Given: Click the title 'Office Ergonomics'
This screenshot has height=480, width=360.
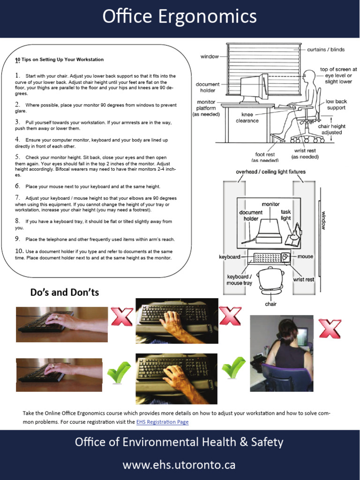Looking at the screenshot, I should tap(180, 17).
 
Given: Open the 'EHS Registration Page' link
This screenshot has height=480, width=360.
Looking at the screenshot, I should tap(162, 422).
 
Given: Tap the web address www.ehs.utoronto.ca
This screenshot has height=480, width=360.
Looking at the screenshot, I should tap(179, 465).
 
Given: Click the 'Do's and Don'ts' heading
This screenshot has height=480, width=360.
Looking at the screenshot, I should tap(65, 292).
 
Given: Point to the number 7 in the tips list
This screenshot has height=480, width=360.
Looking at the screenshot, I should tap(17, 197).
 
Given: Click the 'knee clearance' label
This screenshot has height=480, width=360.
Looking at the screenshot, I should tap(247, 117).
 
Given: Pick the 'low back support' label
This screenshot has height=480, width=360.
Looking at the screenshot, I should tap(336, 105).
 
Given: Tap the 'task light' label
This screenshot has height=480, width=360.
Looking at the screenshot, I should tap(285, 215).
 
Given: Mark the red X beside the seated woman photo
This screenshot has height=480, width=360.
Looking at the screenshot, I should tap(330, 329).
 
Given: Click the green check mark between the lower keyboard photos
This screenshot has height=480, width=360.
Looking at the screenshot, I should tap(119, 373).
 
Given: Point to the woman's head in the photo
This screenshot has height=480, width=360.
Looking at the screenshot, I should tap(286, 330).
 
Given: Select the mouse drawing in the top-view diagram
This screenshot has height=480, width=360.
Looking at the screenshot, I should tap(285, 257).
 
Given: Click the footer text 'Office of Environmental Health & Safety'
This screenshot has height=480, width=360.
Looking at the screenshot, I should tap(179, 442).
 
